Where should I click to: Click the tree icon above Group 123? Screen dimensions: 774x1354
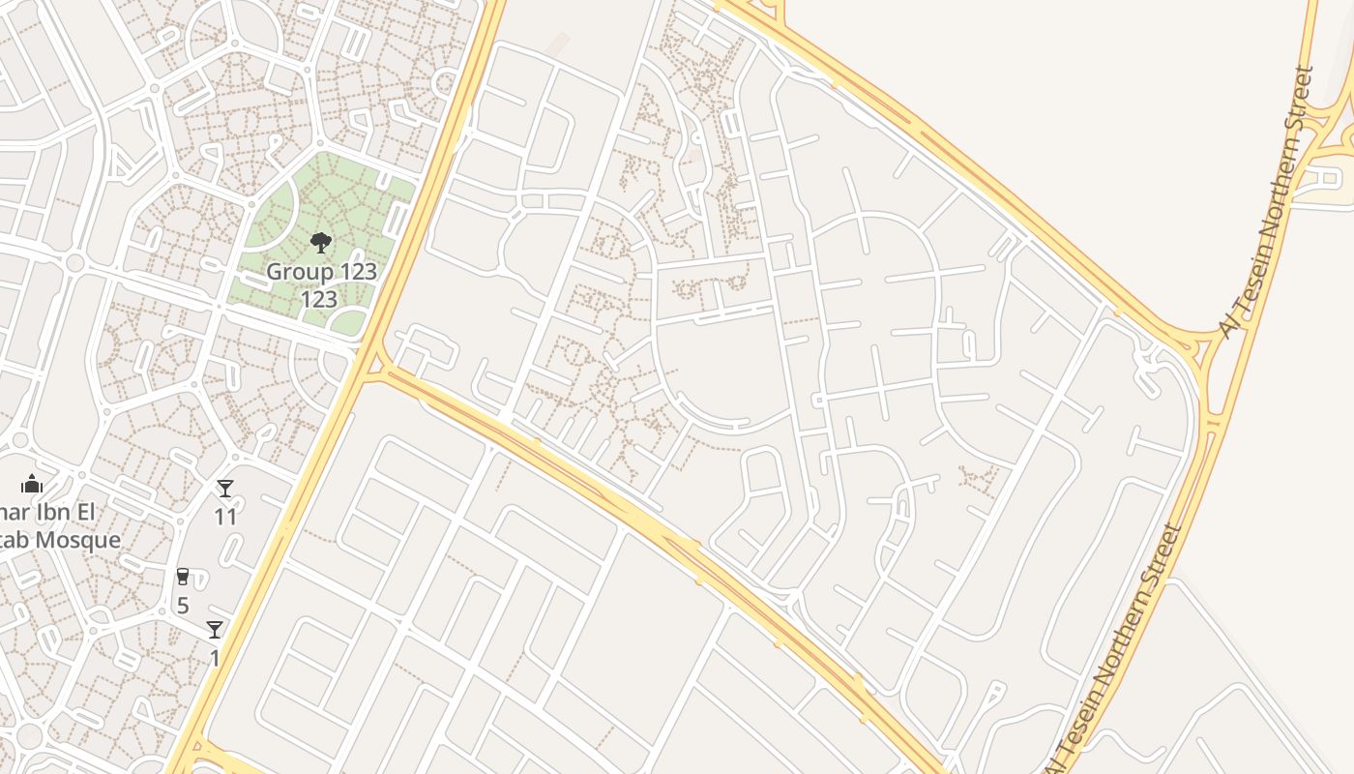(321, 243)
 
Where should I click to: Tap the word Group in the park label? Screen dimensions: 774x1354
(291, 272)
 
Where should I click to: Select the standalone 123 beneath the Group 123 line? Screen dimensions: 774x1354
(319, 300)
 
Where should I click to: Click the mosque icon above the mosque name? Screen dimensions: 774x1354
(32, 484)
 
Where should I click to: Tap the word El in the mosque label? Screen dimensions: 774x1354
(107, 512)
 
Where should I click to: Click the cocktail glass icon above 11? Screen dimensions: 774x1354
(225, 490)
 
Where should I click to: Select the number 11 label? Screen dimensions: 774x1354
(225, 517)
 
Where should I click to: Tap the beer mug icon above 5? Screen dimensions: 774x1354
(183, 578)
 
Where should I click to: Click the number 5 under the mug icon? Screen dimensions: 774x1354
(183, 606)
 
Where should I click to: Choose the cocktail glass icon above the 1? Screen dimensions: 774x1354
(215, 630)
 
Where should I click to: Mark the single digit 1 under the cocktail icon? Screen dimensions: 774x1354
(215, 659)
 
